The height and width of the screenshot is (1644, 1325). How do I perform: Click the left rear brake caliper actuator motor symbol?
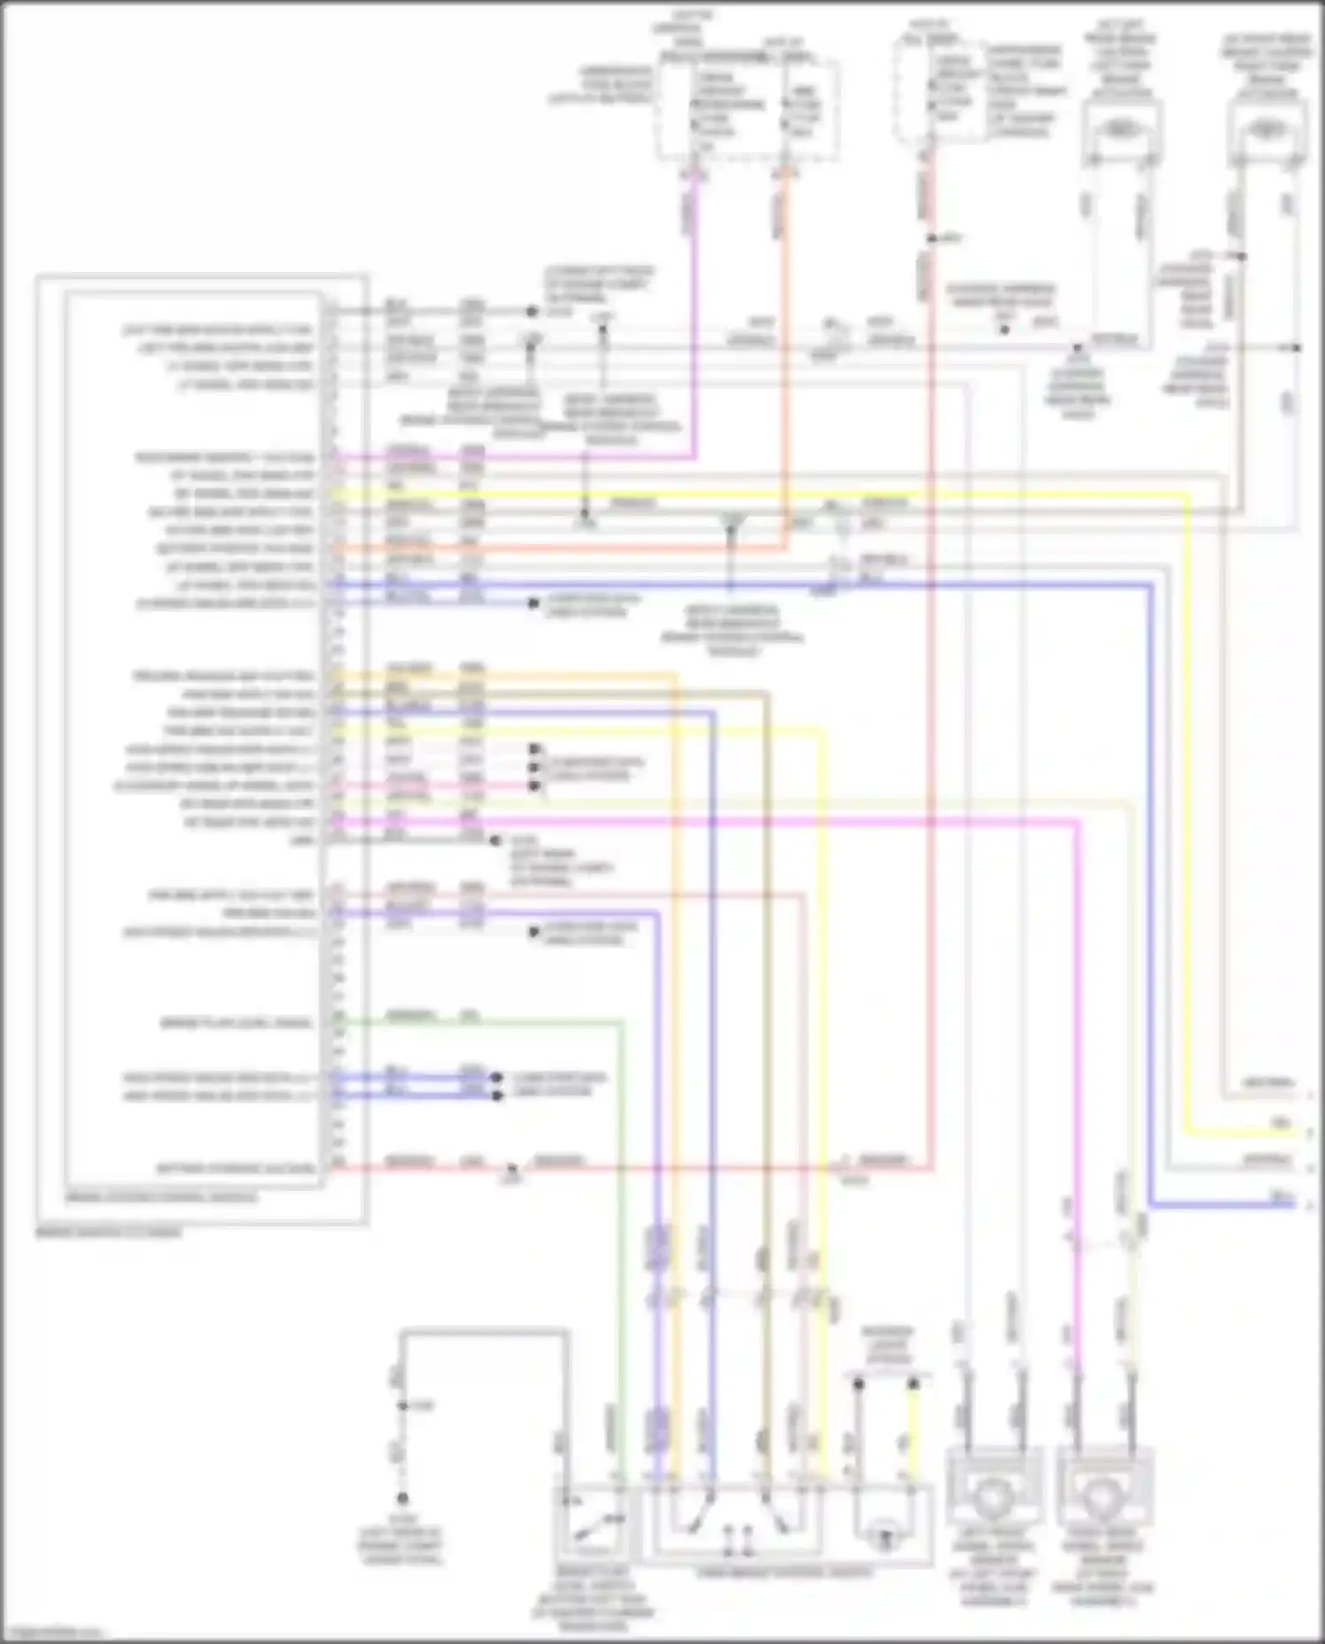point(1120,130)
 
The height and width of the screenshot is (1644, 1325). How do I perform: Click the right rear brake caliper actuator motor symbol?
point(1268,130)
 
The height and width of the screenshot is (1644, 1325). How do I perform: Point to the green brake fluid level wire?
point(622,1237)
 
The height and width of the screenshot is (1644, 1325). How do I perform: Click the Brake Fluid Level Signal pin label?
point(236,1023)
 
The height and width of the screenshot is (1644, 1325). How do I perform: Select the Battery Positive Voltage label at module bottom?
point(236,1168)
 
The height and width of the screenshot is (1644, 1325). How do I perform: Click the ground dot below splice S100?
point(402,1499)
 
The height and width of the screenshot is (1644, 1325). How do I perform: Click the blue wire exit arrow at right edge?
point(1306,1204)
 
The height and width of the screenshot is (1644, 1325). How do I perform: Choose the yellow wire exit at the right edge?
point(1306,1132)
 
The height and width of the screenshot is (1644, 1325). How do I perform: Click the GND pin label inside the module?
point(303,840)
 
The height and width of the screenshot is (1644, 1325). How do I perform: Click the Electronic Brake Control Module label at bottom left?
point(108,1231)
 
